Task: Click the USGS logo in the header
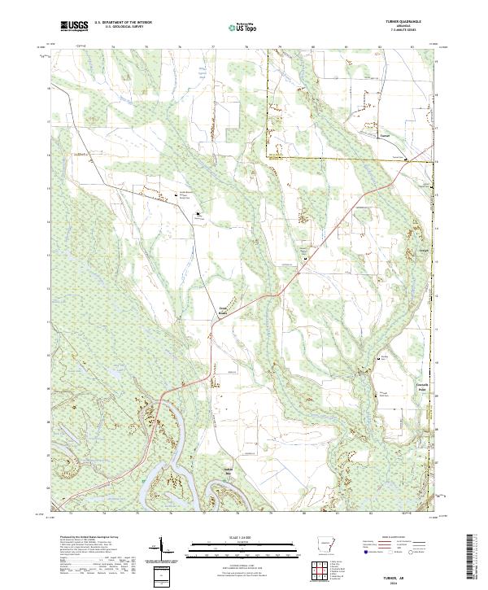[x=74, y=26]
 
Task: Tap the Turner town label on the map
[x=386, y=136]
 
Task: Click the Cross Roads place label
[x=223, y=310]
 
